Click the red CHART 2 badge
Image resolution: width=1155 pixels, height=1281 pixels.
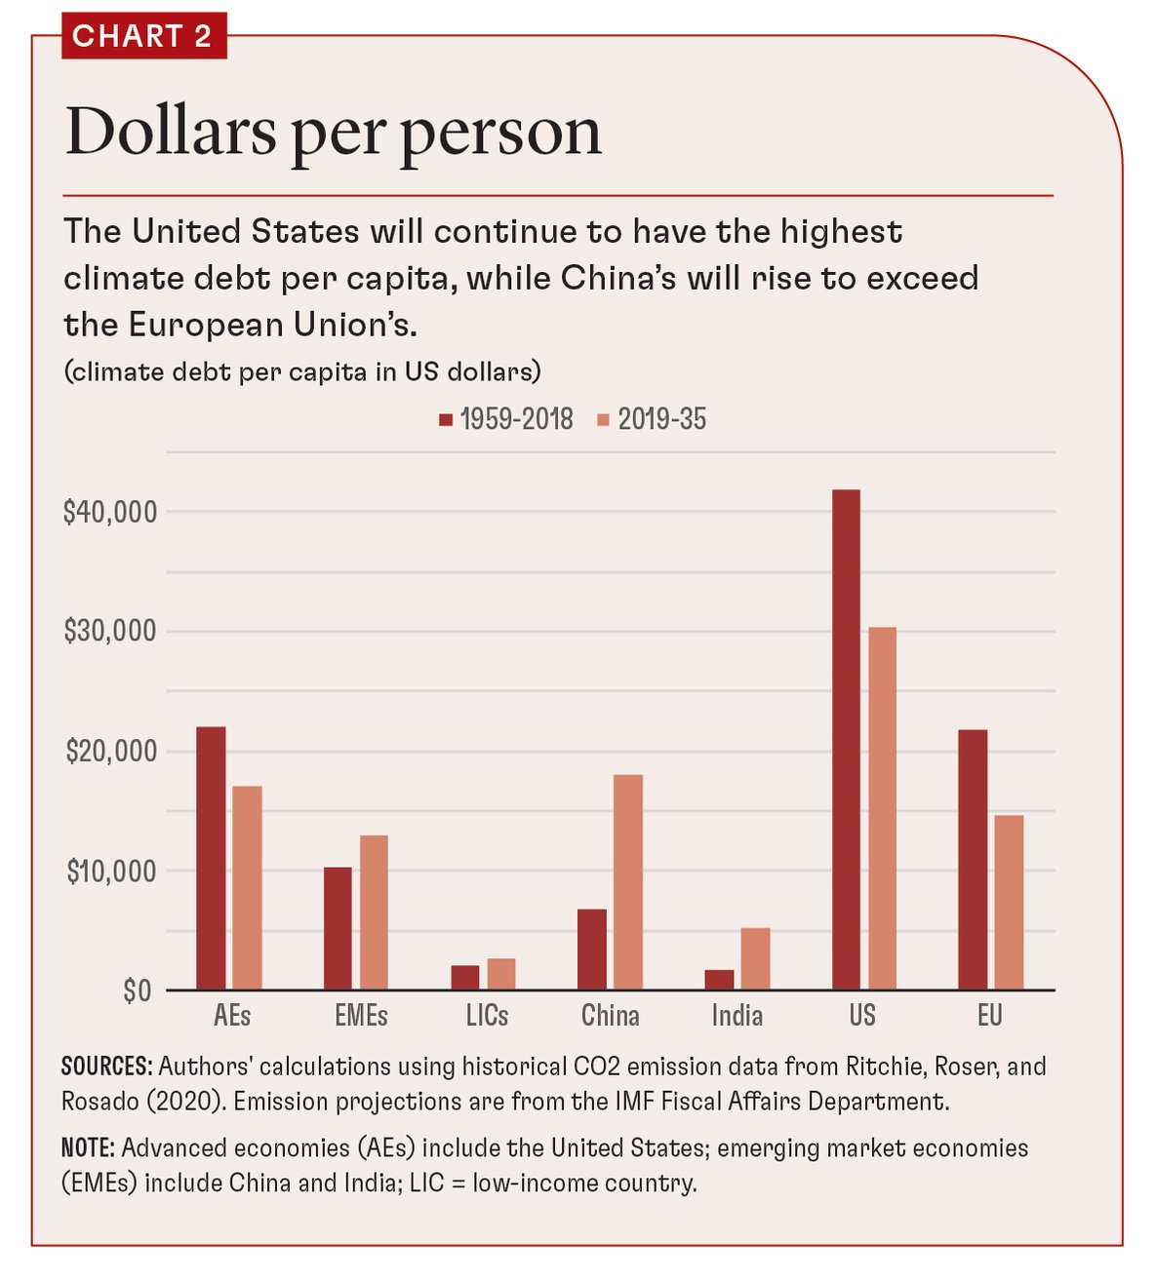[x=143, y=36]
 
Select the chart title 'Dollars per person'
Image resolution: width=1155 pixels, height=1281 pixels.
[x=333, y=132]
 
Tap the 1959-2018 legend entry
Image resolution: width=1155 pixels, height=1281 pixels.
[x=506, y=420]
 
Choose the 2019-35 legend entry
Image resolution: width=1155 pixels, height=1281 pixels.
[x=652, y=420]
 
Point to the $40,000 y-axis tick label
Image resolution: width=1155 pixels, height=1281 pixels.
[x=109, y=512]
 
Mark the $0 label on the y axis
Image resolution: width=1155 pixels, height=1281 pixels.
[x=137, y=991]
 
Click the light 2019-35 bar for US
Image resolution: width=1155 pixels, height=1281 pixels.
[x=882, y=808]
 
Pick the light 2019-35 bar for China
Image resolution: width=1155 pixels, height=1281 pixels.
[x=628, y=882]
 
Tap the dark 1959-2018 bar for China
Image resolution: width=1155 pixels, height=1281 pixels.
[x=591, y=950]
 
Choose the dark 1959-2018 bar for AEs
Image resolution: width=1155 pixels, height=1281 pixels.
[x=211, y=858]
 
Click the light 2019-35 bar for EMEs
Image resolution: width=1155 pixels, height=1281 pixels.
[x=374, y=912]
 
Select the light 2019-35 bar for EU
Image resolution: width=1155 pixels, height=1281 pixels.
[x=1009, y=902]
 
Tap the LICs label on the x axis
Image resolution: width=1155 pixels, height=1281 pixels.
[x=487, y=1016]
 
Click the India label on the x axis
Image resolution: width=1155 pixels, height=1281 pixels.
[x=737, y=1016]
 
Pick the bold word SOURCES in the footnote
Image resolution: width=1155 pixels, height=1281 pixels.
[x=106, y=1067]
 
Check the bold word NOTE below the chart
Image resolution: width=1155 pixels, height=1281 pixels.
[x=88, y=1148]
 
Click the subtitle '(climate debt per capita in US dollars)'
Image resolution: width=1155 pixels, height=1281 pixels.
[x=302, y=372]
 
